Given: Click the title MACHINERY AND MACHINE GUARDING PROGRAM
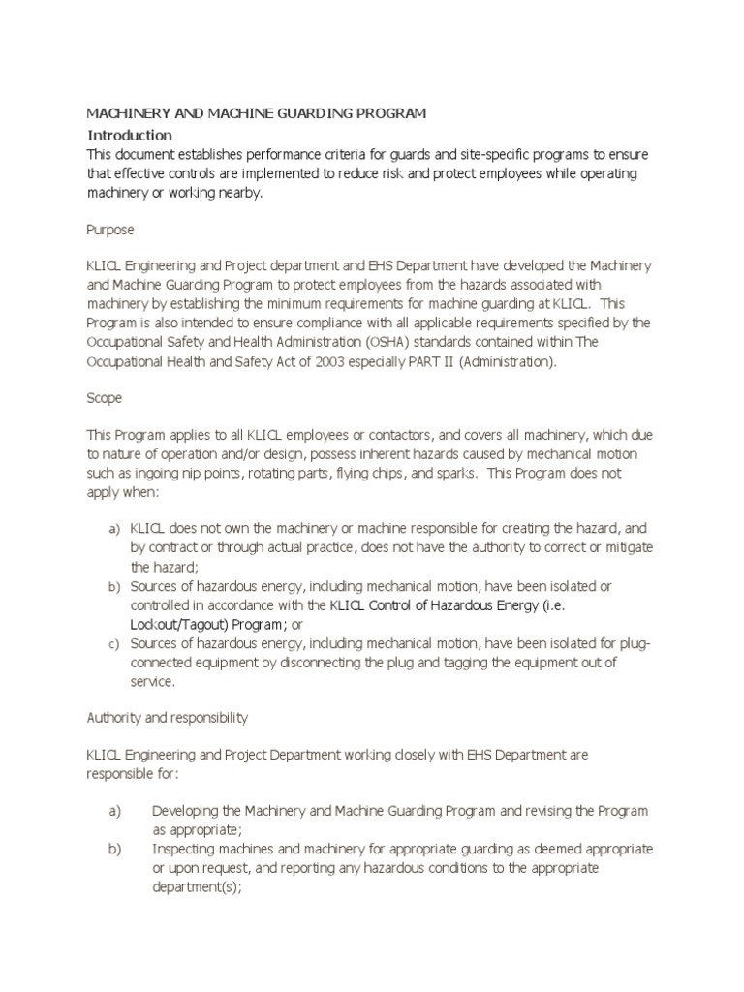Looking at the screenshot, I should (x=257, y=114).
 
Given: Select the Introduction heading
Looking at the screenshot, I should (x=130, y=135).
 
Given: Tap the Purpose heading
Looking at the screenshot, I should (x=110, y=230).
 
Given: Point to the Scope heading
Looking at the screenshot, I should (x=105, y=398).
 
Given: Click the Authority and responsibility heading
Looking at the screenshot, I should (x=168, y=718).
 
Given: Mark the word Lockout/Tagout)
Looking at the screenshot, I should (x=179, y=624).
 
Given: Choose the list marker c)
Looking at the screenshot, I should (x=112, y=643).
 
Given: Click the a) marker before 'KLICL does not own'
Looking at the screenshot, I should (x=112, y=530).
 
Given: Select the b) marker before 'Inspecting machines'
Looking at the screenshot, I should (x=114, y=849).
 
